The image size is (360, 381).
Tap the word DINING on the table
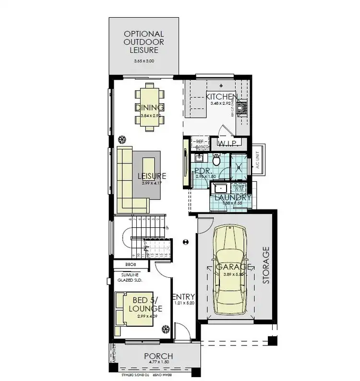(149, 107)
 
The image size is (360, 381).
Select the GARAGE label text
(234, 267)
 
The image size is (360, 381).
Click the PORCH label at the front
(159, 356)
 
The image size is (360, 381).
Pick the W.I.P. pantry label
(229, 143)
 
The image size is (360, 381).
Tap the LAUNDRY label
(232, 197)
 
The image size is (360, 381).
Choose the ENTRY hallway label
(183, 296)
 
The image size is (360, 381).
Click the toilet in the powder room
(216, 160)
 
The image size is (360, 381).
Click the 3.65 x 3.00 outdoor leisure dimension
(144, 61)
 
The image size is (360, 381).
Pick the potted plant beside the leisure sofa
(122, 139)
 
